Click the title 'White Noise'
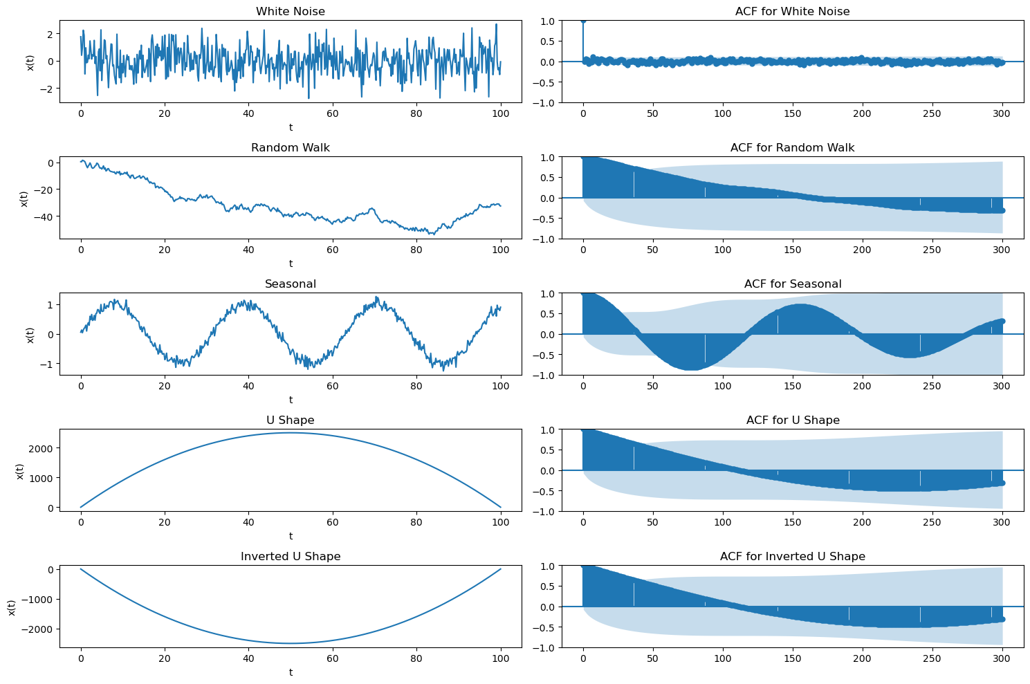click(x=291, y=11)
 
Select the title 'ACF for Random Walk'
click(x=792, y=147)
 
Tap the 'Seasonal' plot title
click(x=291, y=284)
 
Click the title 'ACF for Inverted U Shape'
click(x=792, y=556)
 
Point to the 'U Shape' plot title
click(x=291, y=420)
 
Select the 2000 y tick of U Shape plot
click(x=44, y=448)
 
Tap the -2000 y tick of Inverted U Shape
click(x=39, y=629)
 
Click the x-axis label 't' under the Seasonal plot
click(x=291, y=400)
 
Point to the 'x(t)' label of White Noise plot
click(x=30, y=62)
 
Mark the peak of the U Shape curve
click(x=291, y=433)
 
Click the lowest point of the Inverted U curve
click(x=291, y=643)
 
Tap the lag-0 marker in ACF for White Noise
click(x=583, y=21)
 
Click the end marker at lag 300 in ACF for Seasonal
click(x=1002, y=321)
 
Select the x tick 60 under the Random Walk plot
click(x=333, y=250)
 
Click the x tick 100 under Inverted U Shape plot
click(x=501, y=658)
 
